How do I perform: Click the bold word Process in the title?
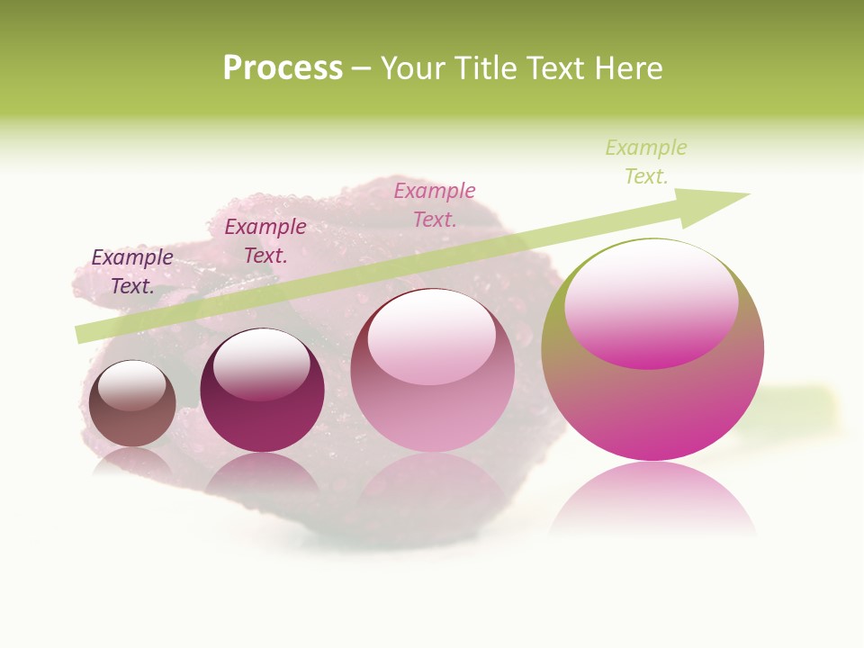283,68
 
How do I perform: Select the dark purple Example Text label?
132,271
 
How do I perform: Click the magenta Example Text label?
265,241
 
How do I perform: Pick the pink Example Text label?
435,204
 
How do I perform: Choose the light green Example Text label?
646,161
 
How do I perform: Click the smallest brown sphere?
132,423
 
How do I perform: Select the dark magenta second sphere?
262,423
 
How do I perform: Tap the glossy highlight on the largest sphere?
652,303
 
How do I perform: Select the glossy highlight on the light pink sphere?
431,337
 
